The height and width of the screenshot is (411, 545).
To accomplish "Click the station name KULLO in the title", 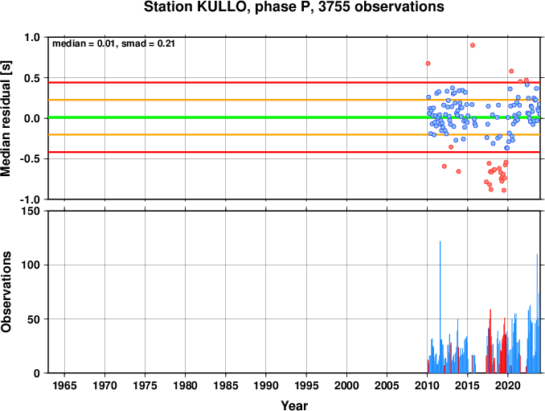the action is pyautogui.click(x=221, y=6).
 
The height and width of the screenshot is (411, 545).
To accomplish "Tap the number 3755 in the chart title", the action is pyautogui.click(x=334, y=6).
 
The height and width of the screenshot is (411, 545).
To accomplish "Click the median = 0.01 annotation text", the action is pyautogui.click(x=84, y=43).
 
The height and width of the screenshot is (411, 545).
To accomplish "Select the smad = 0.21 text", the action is pyautogui.click(x=148, y=43).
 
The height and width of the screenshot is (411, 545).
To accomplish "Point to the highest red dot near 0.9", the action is pyautogui.click(x=473, y=45).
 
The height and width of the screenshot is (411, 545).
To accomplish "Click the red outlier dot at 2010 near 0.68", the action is pyautogui.click(x=428, y=64).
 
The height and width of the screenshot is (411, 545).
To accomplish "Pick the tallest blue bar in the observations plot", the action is pyautogui.click(x=440, y=306).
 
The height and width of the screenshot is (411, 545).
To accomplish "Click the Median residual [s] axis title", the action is pyautogui.click(x=6, y=118).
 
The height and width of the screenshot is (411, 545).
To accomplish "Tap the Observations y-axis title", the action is pyautogui.click(x=6, y=291).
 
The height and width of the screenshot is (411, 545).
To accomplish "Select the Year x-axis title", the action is pyautogui.click(x=294, y=405).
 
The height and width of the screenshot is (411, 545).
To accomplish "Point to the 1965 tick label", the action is pyautogui.click(x=64, y=385).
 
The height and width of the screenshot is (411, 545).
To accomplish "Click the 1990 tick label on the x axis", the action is pyautogui.click(x=266, y=385).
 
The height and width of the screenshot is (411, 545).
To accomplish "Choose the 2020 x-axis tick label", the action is pyautogui.click(x=508, y=385).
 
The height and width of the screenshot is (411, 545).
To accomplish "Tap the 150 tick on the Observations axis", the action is pyautogui.click(x=31, y=211).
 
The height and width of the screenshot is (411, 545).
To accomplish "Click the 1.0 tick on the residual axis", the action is pyautogui.click(x=32, y=37).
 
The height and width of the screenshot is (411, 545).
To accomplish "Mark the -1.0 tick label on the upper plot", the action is pyautogui.click(x=31, y=199).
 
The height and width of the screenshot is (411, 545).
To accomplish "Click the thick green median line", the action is pyautogui.click(x=294, y=117).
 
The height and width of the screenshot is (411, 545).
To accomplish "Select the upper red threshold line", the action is pyautogui.click(x=294, y=82).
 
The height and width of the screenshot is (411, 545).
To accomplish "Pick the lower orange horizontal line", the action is pyautogui.click(x=294, y=134).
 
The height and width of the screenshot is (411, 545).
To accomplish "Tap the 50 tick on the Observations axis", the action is pyautogui.click(x=34, y=319).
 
